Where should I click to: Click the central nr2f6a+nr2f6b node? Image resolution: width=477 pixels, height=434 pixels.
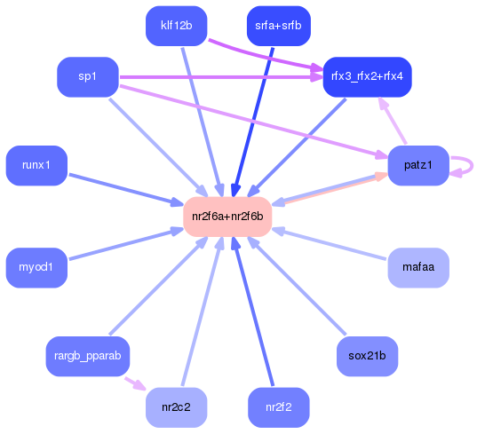click(x=227, y=217)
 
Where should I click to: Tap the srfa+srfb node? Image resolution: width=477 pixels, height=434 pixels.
click(x=277, y=26)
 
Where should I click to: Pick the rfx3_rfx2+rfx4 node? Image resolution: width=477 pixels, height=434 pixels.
click(x=367, y=76)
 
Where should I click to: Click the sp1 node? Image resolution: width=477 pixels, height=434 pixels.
click(x=87, y=76)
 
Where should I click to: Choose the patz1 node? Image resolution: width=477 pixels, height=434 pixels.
click(x=417, y=165)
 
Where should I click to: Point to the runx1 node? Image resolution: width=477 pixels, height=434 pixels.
click(x=36, y=165)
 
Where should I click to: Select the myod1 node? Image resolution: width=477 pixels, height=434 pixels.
click(x=36, y=266)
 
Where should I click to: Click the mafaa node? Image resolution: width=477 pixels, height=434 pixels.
click(x=417, y=266)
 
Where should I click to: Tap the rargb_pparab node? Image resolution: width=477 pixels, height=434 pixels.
click(x=87, y=356)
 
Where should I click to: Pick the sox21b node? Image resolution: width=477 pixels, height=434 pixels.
click(x=367, y=356)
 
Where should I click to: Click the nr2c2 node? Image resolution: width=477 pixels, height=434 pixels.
click(x=176, y=407)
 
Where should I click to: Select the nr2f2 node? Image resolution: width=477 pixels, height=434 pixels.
click(x=277, y=407)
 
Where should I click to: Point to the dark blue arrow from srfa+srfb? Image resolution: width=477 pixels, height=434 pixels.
click(x=255, y=115)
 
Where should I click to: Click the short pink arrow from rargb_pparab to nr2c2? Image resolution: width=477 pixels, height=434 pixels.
click(x=133, y=383)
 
